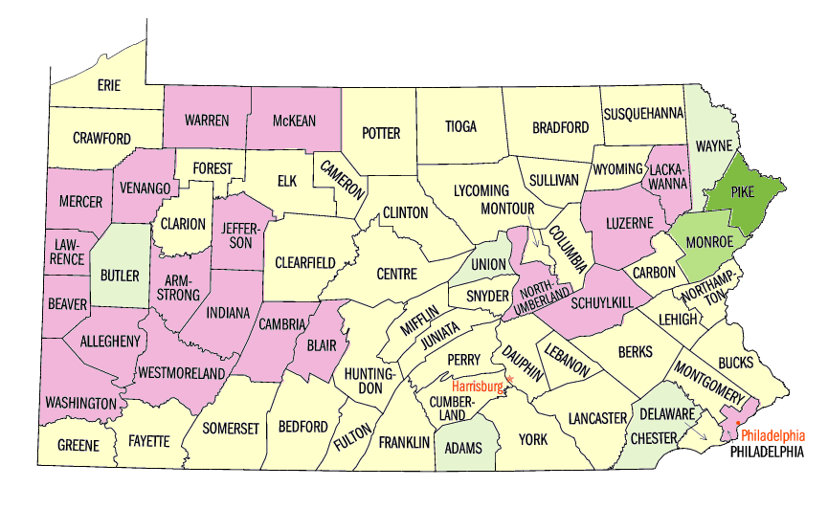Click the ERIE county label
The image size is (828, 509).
[109, 85]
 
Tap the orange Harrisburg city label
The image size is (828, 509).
[478, 387]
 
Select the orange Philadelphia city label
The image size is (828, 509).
[773, 434]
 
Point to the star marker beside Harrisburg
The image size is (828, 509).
[510, 381]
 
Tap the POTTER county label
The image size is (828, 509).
[381, 133]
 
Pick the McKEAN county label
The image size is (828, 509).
[294, 121]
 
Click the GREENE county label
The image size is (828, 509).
[78, 445]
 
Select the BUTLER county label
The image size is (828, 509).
[120, 276]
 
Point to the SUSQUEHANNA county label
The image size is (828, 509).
[643, 113]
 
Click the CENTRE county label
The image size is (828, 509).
[396, 274]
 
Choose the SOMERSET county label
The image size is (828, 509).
[231, 429]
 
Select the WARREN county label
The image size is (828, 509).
[207, 121]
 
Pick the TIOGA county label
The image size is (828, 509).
[460, 126]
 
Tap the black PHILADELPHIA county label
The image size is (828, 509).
[766, 451]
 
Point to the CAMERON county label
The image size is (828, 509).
[342, 178]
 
